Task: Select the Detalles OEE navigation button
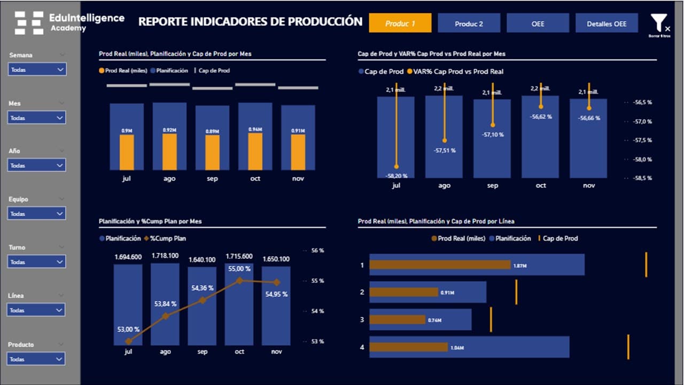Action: click(x=607, y=24)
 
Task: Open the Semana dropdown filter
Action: click(x=37, y=70)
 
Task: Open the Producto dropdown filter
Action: click(x=37, y=359)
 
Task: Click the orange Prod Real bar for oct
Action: click(x=255, y=151)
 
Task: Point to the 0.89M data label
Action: click(x=212, y=131)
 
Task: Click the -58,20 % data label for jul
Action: click(x=396, y=175)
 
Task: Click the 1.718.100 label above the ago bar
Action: click(x=165, y=256)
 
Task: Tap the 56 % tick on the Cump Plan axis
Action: click(x=317, y=250)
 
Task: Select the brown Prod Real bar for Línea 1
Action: click(x=440, y=265)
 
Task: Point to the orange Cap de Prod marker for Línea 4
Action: click(x=628, y=347)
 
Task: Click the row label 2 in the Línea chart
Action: click(x=362, y=292)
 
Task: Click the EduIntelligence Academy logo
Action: click(x=69, y=22)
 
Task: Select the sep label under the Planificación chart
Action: click(x=203, y=352)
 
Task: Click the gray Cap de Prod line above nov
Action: click(x=298, y=88)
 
